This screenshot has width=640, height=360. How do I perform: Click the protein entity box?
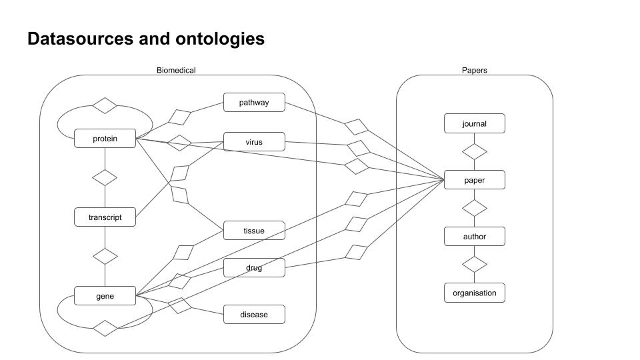105,139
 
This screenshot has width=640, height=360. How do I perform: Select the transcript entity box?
105,217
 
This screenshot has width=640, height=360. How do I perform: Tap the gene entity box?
105,296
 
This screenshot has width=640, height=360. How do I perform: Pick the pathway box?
254,103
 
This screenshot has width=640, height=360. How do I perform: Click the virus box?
254,142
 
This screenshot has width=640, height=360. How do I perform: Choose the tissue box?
254,231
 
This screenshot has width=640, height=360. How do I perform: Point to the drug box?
254,268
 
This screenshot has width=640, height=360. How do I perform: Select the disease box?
254,314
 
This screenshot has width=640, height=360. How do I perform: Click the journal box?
474,123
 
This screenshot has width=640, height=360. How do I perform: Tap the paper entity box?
474,180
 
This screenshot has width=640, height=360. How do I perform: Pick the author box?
474,237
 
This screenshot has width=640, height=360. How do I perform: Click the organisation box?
474,293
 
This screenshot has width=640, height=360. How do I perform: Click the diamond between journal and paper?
474,151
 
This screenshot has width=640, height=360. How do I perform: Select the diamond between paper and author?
474,208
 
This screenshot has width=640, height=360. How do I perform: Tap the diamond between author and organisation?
474,265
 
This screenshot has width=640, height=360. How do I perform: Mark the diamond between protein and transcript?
105,178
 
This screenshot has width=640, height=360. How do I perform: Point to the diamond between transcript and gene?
105,256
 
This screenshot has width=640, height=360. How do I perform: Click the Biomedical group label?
176,70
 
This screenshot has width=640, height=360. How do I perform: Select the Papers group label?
474,70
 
